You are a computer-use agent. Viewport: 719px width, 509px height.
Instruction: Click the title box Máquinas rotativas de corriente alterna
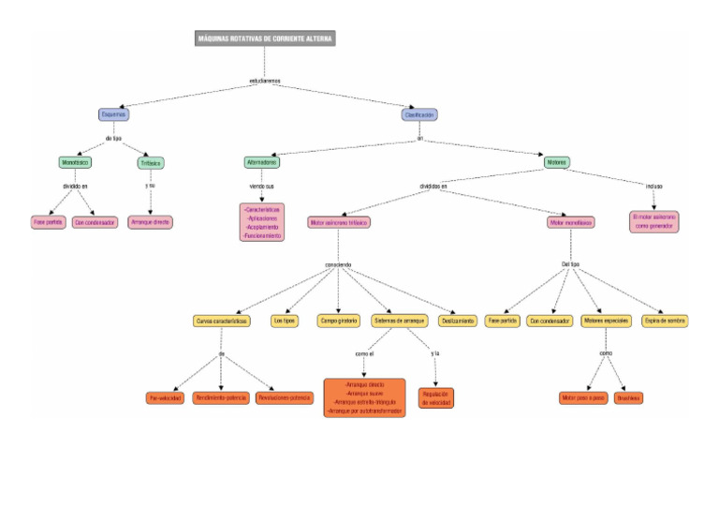point(265,38)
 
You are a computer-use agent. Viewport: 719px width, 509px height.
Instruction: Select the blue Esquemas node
point(113,114)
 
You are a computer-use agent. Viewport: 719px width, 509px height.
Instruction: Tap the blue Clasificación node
point(419,114)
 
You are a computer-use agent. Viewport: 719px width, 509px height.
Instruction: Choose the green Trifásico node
point(151,162)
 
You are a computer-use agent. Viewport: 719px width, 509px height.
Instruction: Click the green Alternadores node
point(262,162)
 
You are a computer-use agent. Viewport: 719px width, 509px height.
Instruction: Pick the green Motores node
point(556,162)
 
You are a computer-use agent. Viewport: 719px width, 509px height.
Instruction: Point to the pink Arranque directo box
point(150,222)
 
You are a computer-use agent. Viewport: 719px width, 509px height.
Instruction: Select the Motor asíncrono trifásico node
point(339,223)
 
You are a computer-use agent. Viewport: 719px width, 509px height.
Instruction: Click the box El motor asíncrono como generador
point(654,221)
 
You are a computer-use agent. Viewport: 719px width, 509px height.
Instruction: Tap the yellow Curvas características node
point(222,321)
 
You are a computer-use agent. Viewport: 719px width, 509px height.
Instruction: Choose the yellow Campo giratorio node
point(339,321)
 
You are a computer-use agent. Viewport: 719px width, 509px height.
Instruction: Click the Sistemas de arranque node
point(400,321)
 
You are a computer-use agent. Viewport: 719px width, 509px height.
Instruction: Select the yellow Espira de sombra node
point(666,321)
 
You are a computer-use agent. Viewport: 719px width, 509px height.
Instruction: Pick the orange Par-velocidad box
point(165,398)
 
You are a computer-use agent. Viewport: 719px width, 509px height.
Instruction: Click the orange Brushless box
point(629,398)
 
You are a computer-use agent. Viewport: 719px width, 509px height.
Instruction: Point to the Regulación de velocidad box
point(437,397)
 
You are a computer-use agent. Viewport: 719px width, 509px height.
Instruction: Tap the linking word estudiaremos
point(265,81)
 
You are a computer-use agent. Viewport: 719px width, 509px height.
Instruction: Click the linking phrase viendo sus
point(261,187)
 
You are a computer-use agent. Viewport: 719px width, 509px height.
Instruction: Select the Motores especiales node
point(605,321)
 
